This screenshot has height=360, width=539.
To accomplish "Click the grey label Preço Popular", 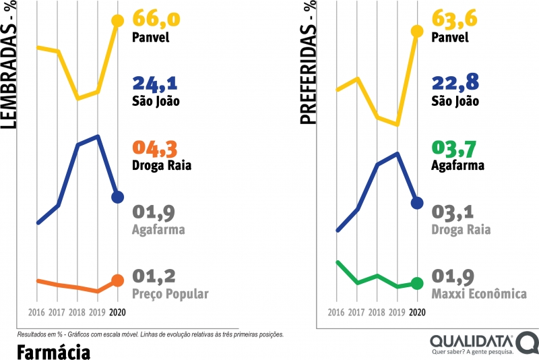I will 170,294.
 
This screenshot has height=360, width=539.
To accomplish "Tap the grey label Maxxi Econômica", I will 479,294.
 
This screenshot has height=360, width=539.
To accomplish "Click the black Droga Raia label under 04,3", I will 162,165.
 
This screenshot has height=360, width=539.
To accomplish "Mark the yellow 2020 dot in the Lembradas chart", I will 118,21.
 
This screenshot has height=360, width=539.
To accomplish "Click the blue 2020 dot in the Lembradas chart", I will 118,197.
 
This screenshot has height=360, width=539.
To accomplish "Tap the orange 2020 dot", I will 117,280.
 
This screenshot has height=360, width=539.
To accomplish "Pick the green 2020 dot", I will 417,284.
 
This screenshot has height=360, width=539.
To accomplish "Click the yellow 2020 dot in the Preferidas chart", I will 417,31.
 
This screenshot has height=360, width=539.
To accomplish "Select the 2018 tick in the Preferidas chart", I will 377,312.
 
